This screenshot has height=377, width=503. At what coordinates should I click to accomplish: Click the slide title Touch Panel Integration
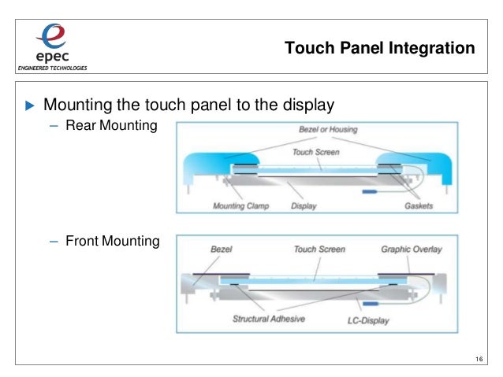[379, 49]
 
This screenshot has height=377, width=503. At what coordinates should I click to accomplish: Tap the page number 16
[479, 360]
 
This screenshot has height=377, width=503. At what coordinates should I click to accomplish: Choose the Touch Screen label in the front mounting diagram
[319, 249]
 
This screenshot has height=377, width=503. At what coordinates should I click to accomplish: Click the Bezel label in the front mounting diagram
[222, 249]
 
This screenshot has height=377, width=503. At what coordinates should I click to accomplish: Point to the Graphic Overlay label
[411, 249]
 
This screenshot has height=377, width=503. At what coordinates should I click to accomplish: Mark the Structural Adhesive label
[269, 320]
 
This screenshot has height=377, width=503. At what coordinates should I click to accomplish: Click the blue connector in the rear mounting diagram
[370, 190]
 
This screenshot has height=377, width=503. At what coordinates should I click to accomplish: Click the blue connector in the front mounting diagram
[368, 303]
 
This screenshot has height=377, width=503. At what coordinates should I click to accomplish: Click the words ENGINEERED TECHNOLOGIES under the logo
[47, 67]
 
